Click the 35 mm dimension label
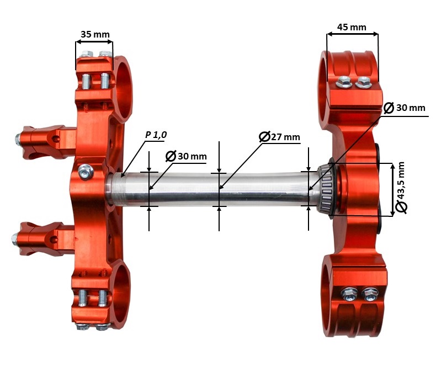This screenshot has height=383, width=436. coord(95,34)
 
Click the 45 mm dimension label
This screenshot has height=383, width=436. coord(352,27)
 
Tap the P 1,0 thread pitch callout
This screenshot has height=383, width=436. coord(156,135)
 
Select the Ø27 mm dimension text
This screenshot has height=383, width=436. coord(279,136)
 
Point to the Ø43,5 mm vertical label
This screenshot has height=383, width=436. coord(401,188)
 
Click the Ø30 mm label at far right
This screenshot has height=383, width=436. coord(405,108)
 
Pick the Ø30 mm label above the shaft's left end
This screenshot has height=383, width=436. coord(186,156)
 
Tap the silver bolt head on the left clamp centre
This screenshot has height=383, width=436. coord(86,172)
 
